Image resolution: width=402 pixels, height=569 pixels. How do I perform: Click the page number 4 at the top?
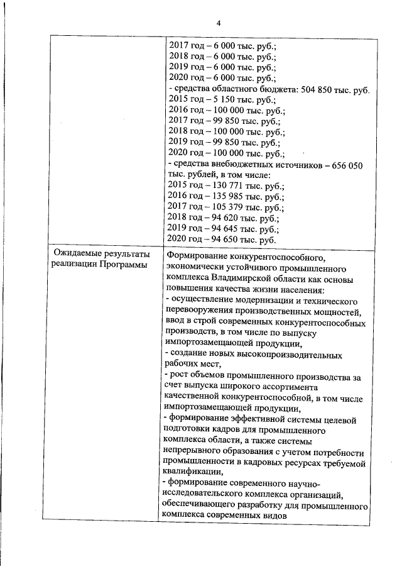[219, 23]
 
